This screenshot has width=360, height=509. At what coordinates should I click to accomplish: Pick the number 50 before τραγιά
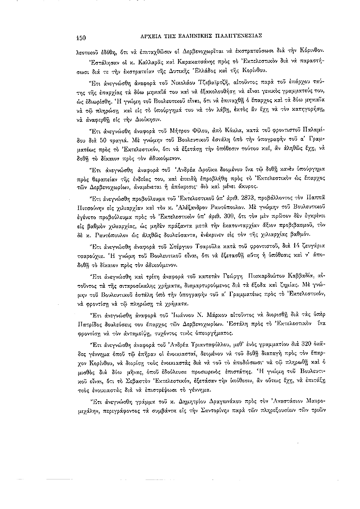click(121, 150)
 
